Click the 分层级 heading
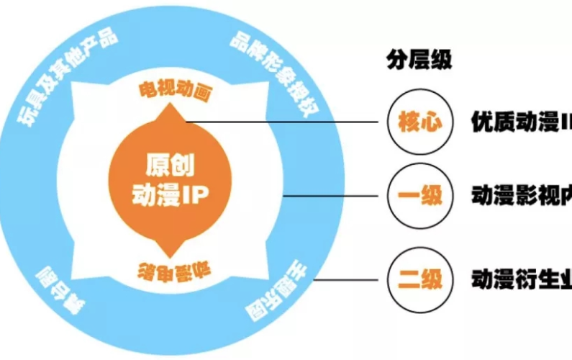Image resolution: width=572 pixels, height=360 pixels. pyautogui.click(x=419, y=60)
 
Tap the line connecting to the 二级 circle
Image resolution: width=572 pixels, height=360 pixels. pyautogui.click(x=353, y=278)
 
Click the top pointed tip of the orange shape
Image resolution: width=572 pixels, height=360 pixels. pyautogui.click(x=173, y=107)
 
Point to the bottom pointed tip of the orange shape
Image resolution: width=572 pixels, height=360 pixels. pyautogui.click(x=173, y=253)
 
